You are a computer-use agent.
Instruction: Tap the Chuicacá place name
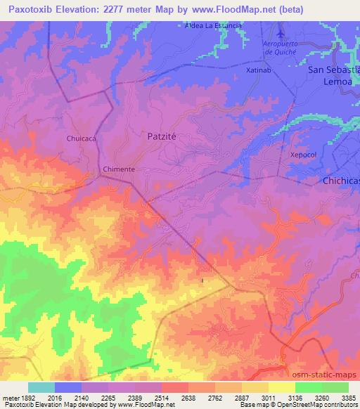point(81,138)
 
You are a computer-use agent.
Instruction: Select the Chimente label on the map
point(118,170)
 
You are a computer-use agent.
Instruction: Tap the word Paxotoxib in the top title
point(32,10)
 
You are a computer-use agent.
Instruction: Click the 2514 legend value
point(161,397)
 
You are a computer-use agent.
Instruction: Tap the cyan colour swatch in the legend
point(41,387)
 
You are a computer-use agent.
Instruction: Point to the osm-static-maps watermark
point(328,376)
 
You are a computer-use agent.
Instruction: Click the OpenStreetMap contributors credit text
point(320,405)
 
